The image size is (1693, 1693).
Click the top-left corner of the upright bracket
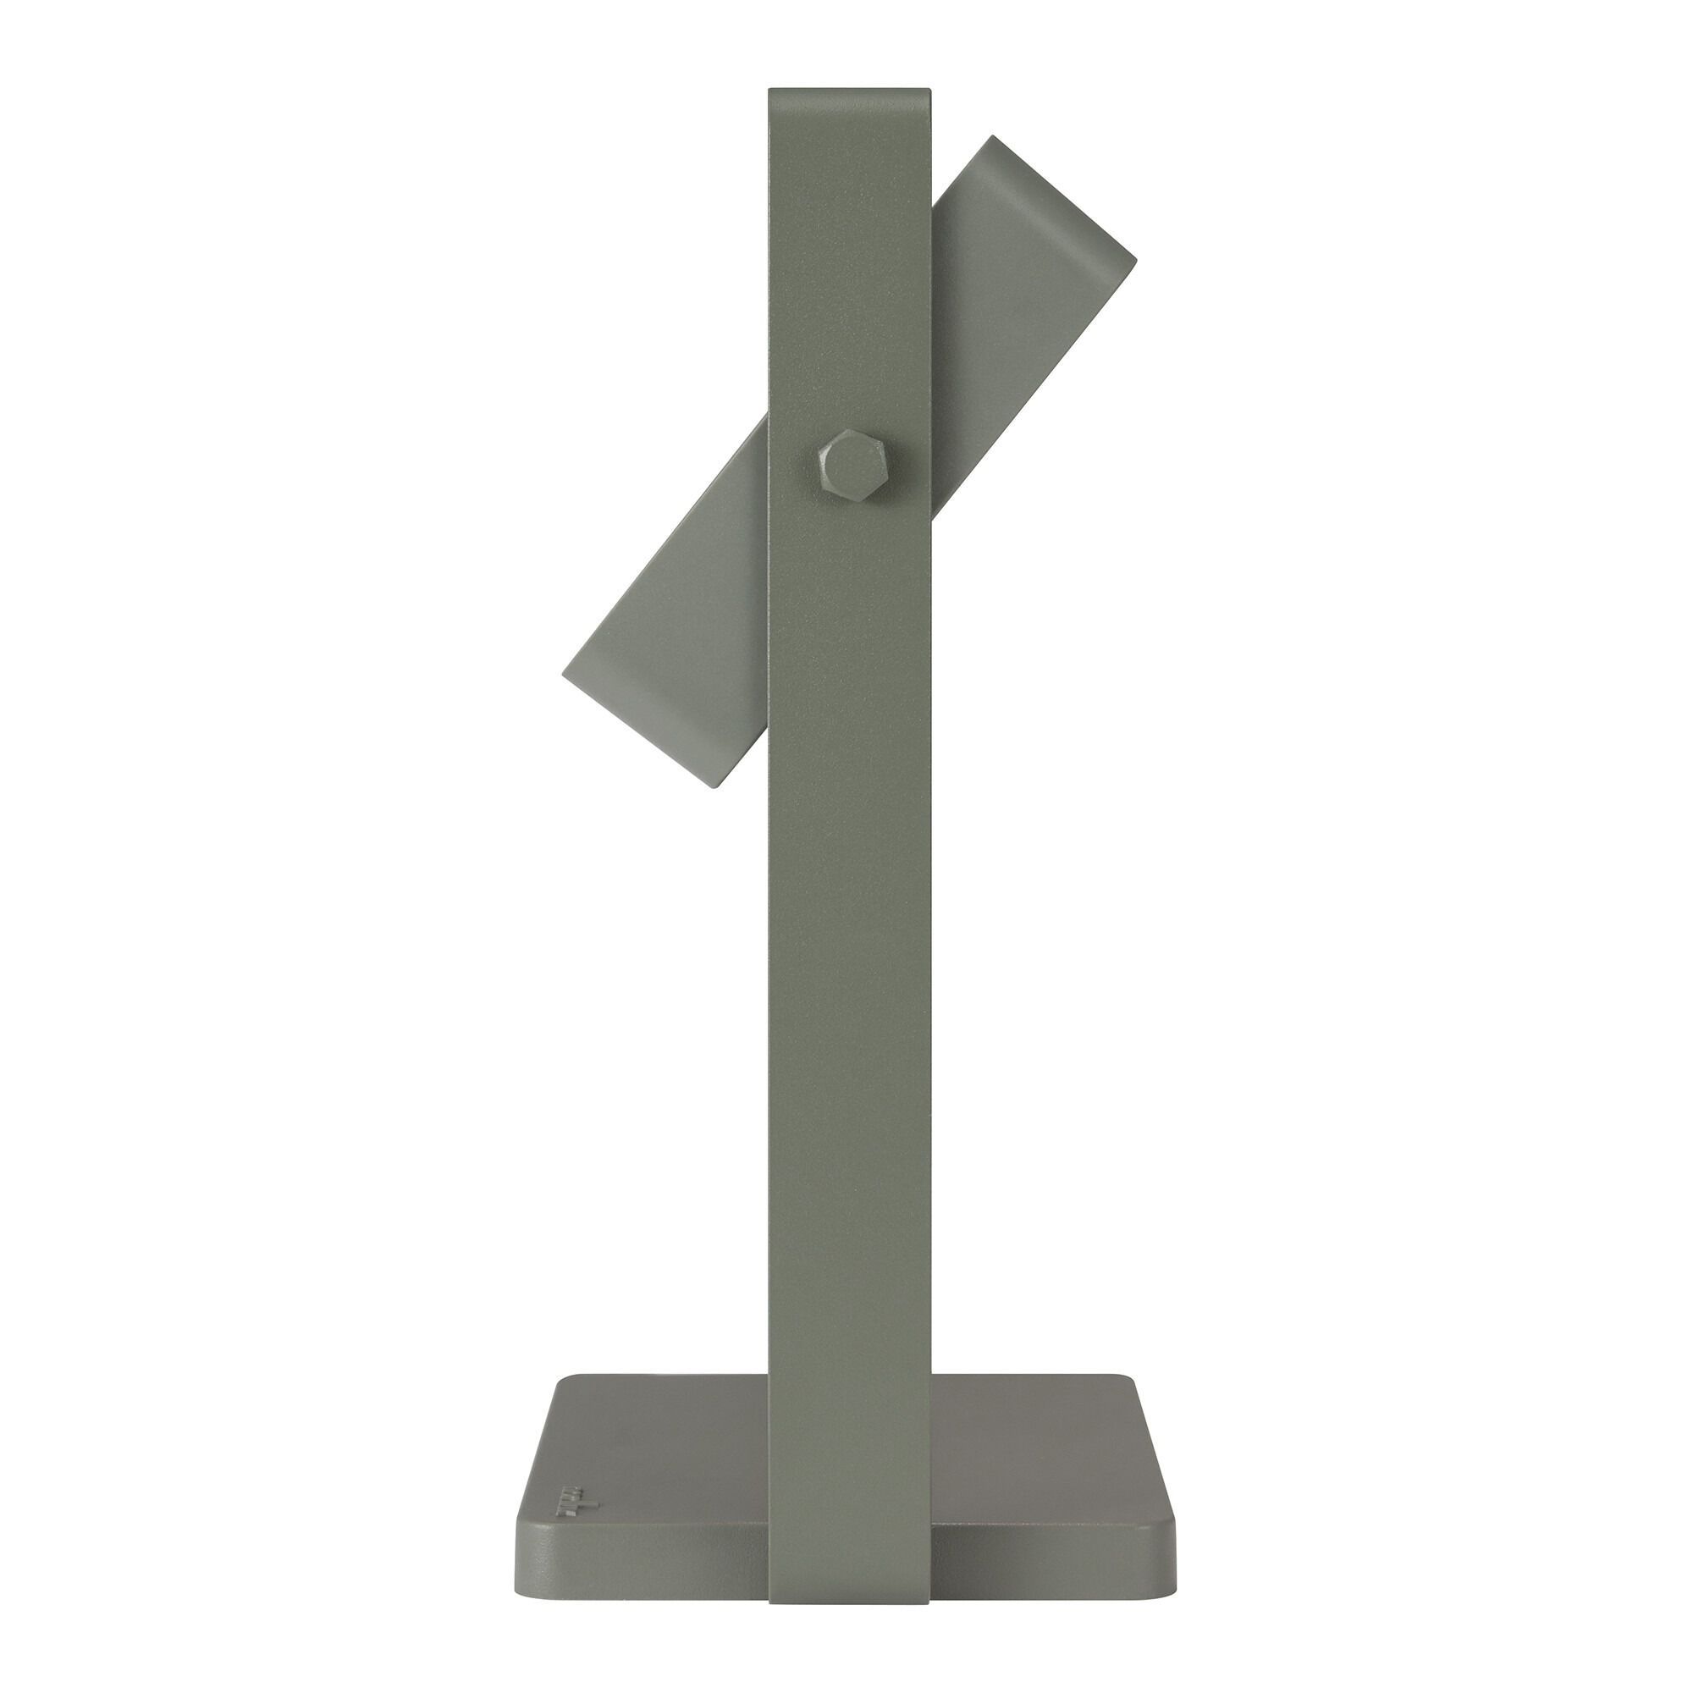pos(771,90)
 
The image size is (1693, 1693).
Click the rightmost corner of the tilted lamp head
pos(1136,259)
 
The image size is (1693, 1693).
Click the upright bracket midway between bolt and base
pos(848,920)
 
